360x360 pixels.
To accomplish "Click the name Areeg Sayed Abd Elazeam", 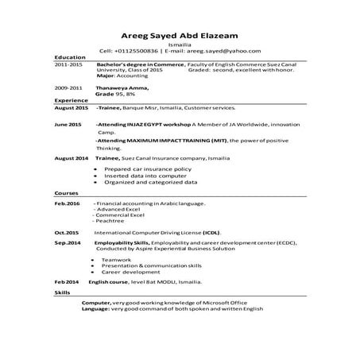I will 180,35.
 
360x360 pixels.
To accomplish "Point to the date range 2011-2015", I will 68,66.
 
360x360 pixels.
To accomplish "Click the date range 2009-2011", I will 68,87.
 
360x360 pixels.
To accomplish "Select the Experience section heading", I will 71,101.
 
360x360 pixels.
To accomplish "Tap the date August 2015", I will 72,106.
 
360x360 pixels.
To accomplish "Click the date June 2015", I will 68,126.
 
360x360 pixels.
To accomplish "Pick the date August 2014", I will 72,159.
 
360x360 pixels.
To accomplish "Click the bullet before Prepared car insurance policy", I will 95,169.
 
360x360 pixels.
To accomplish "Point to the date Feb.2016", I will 67,204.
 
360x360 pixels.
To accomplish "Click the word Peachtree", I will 110,221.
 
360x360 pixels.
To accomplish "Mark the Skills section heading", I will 62,293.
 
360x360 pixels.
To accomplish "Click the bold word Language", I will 96,309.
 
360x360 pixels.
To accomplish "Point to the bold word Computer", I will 96,304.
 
